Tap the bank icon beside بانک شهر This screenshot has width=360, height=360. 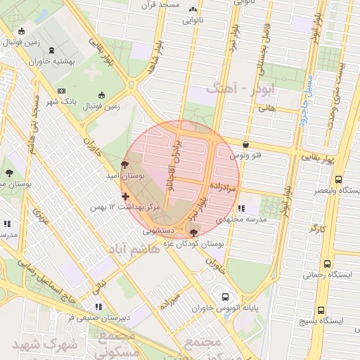pos(61,91)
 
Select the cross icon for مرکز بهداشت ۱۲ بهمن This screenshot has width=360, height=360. pos(125,196)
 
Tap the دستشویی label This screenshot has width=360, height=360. pos(158,229)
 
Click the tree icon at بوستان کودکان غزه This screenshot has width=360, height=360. pos(194,231)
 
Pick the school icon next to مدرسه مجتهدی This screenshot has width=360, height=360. pos(242,208)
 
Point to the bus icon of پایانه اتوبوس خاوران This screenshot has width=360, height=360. pos(225,297)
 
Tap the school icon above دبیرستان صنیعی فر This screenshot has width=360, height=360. pos(98,307)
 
